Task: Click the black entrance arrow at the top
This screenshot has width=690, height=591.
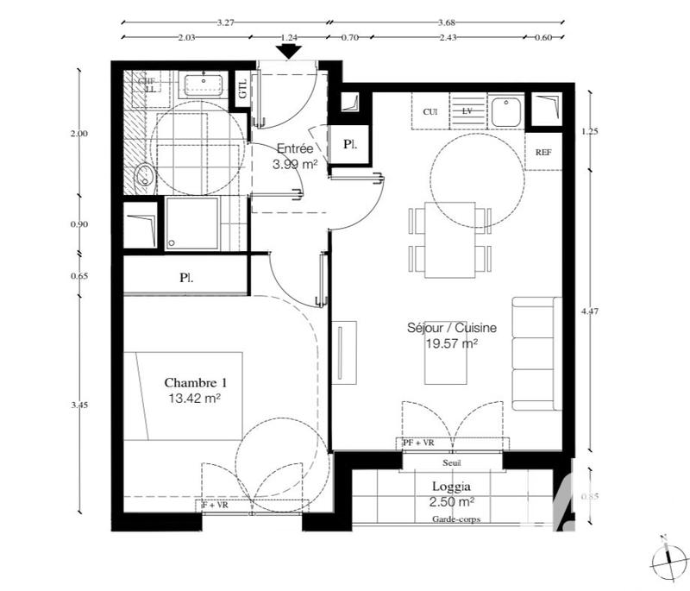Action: pyautogui.click(x=289, y=51)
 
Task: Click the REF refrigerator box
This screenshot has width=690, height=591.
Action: pyautogui.click(x=543, y=153)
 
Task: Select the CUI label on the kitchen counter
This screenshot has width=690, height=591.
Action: pyautogui.click(x=430, y=112)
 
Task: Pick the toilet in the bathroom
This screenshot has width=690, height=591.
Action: pyautogui.click(x=144, y=177)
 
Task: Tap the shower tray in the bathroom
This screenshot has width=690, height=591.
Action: pyautogui.click(x=191, y=223)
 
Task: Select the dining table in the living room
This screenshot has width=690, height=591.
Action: pyautogui.click(x=449, y=239)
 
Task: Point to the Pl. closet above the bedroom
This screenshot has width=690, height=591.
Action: pyautogui.click(x=185, y=278)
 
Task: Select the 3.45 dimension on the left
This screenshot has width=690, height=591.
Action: pyautogui.click(x=79, y=405)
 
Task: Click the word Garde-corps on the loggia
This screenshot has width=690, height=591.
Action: pyautogui.click(x=457, y=519)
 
